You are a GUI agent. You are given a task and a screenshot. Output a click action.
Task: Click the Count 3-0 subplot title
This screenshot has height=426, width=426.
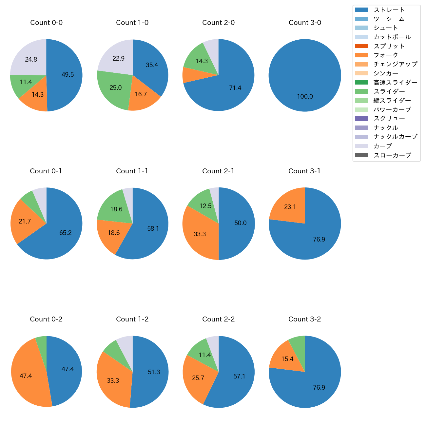tap(305, 23)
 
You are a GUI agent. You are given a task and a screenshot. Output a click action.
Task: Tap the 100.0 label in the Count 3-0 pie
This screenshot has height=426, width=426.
tap(305, 97)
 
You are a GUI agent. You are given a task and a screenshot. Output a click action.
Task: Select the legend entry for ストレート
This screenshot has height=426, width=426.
tap(389, 10)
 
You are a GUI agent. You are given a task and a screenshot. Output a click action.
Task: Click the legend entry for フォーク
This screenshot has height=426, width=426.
tap(386, 55)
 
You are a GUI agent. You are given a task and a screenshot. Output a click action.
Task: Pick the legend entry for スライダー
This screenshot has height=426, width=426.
tap(389, 91)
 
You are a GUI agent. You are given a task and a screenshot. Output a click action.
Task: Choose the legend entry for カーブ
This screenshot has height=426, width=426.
tap(382, 146)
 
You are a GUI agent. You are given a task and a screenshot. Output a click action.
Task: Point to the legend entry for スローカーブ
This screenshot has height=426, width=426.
tap(392, 155)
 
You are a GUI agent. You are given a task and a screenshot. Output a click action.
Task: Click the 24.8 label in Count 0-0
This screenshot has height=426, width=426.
tap(31, 60)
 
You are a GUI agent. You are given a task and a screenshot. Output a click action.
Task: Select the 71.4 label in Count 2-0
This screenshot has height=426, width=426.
tap(235, 88)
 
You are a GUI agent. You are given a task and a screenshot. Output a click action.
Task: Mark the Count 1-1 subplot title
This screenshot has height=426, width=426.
tap(132, 171)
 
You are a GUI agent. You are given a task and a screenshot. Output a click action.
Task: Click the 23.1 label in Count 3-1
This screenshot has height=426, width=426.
tap(290, 207)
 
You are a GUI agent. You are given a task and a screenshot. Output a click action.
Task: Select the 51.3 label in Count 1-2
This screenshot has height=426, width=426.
tap(154, 372)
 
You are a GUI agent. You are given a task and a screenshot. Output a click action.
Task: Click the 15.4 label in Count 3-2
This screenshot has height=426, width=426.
tap(287, 359)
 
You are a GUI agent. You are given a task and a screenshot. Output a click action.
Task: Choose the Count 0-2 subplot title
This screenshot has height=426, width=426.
tap(46, 319)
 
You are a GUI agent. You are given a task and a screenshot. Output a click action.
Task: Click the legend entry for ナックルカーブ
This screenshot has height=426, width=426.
tap(395, 137)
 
